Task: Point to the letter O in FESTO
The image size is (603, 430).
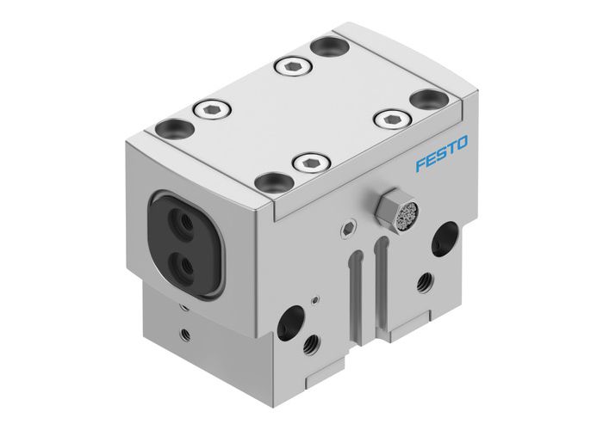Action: [462, 154]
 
